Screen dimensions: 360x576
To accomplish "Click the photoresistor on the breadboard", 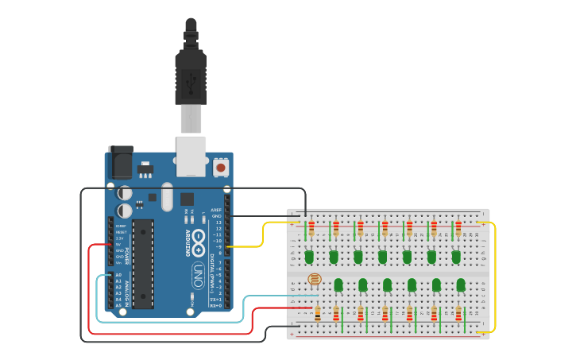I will point(314,279).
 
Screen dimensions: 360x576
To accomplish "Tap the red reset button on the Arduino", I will point(220,168).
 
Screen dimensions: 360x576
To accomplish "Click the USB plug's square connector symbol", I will point(191,80).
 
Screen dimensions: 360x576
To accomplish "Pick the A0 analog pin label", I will point(118,275).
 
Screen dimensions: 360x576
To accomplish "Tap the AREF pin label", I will point(215,210).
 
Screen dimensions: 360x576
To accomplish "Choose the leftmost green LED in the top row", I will point(309,257).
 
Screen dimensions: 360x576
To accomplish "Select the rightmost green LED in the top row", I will point(456,257).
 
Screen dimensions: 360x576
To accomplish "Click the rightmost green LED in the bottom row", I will point(460,284).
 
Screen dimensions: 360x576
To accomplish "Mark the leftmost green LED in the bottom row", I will point(338,284).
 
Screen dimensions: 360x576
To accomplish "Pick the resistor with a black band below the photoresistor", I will point(318,314).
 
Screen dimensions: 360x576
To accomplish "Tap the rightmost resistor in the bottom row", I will point(458,314).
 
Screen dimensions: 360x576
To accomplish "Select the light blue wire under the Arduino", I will point(171,322).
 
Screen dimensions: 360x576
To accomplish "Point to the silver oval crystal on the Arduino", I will point(167,196).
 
